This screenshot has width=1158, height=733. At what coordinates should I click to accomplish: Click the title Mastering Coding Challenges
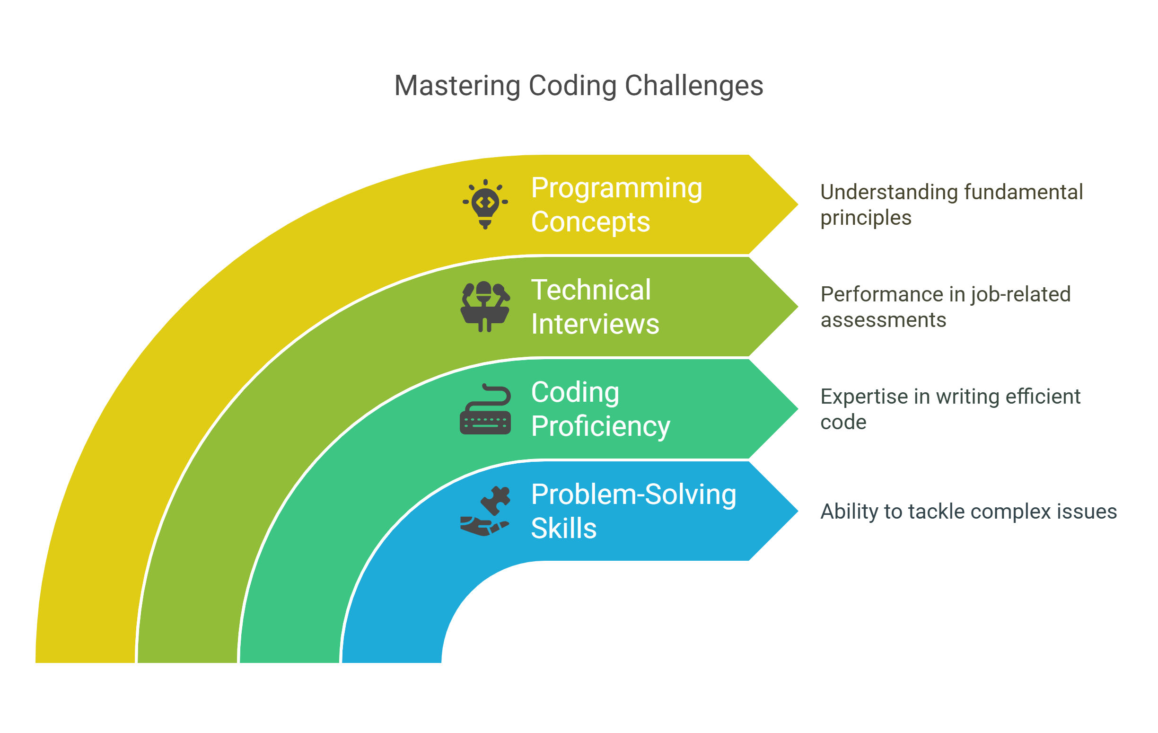[x=579, y=86]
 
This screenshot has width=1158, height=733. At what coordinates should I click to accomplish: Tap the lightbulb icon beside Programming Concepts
[x=485, y=204]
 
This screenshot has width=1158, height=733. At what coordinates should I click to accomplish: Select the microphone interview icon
[x=485, y=306]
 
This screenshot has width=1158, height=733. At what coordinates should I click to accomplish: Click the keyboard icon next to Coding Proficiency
[x=485, y=409]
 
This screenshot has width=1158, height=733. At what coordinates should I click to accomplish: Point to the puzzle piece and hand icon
[x=485, y=511]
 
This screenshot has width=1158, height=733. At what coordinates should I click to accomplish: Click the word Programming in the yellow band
[x=616, y=188]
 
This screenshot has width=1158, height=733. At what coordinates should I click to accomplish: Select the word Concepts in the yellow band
[x=590, y=222]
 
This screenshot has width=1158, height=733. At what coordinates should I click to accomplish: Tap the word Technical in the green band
[x=591, y=290]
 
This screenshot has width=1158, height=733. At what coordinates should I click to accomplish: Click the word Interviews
[x=595, y=324]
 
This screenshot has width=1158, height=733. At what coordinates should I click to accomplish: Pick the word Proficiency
[x=601, y=427]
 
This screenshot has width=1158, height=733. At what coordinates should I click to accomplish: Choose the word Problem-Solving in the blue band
[x=634, y=495]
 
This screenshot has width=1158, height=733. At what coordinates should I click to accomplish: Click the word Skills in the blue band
[x=563, y=529]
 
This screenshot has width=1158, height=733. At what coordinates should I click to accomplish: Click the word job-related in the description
[x=1020, y=295]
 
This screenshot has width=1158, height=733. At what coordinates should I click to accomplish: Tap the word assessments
[x=884, y=320]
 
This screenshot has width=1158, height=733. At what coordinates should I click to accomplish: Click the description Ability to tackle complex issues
[x=968, y=511]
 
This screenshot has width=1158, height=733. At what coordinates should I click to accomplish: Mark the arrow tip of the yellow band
[x=798, y=204]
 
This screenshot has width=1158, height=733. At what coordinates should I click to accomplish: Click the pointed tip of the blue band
[x=798, y=511]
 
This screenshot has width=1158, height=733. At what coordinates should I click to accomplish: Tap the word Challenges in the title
[x=694, y=86]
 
